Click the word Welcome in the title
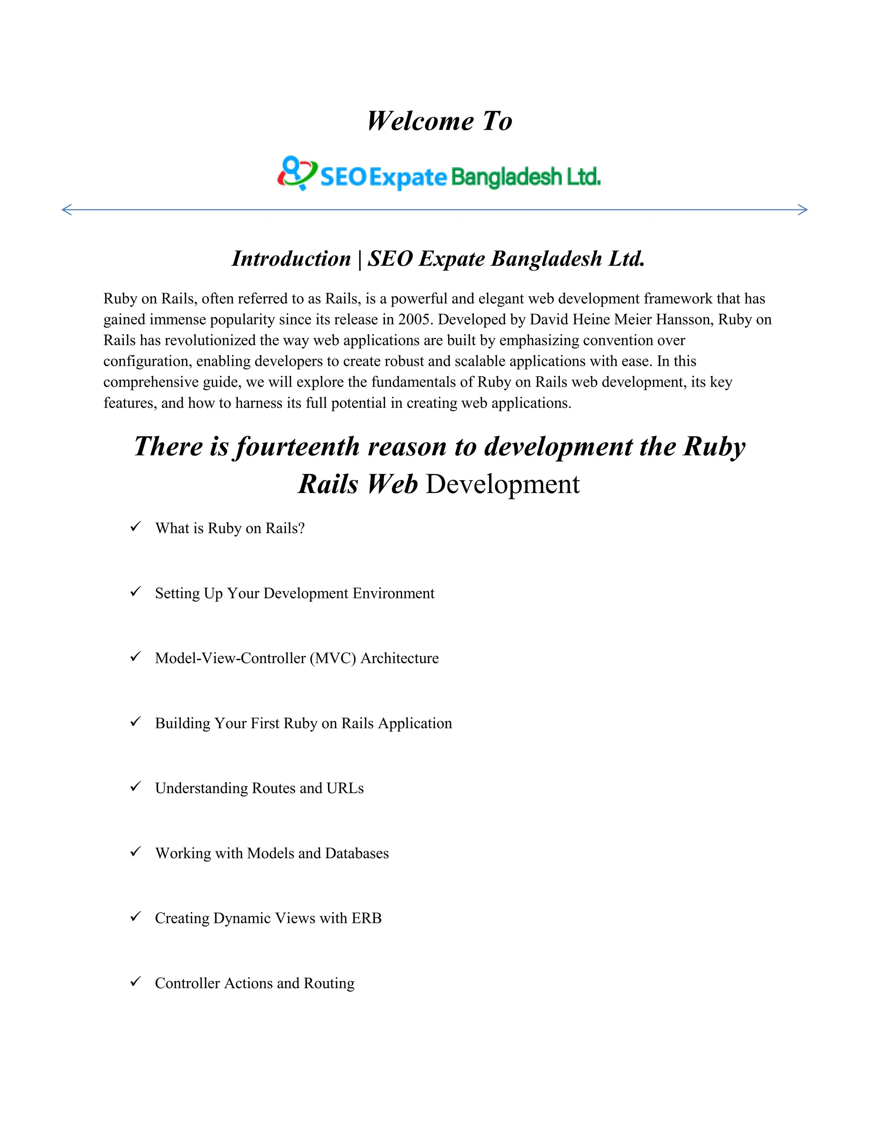tap(420, 121)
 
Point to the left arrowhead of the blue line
tap(66, 210)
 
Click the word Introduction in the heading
tap(291, 258)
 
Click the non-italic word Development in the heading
tap(502, 484)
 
